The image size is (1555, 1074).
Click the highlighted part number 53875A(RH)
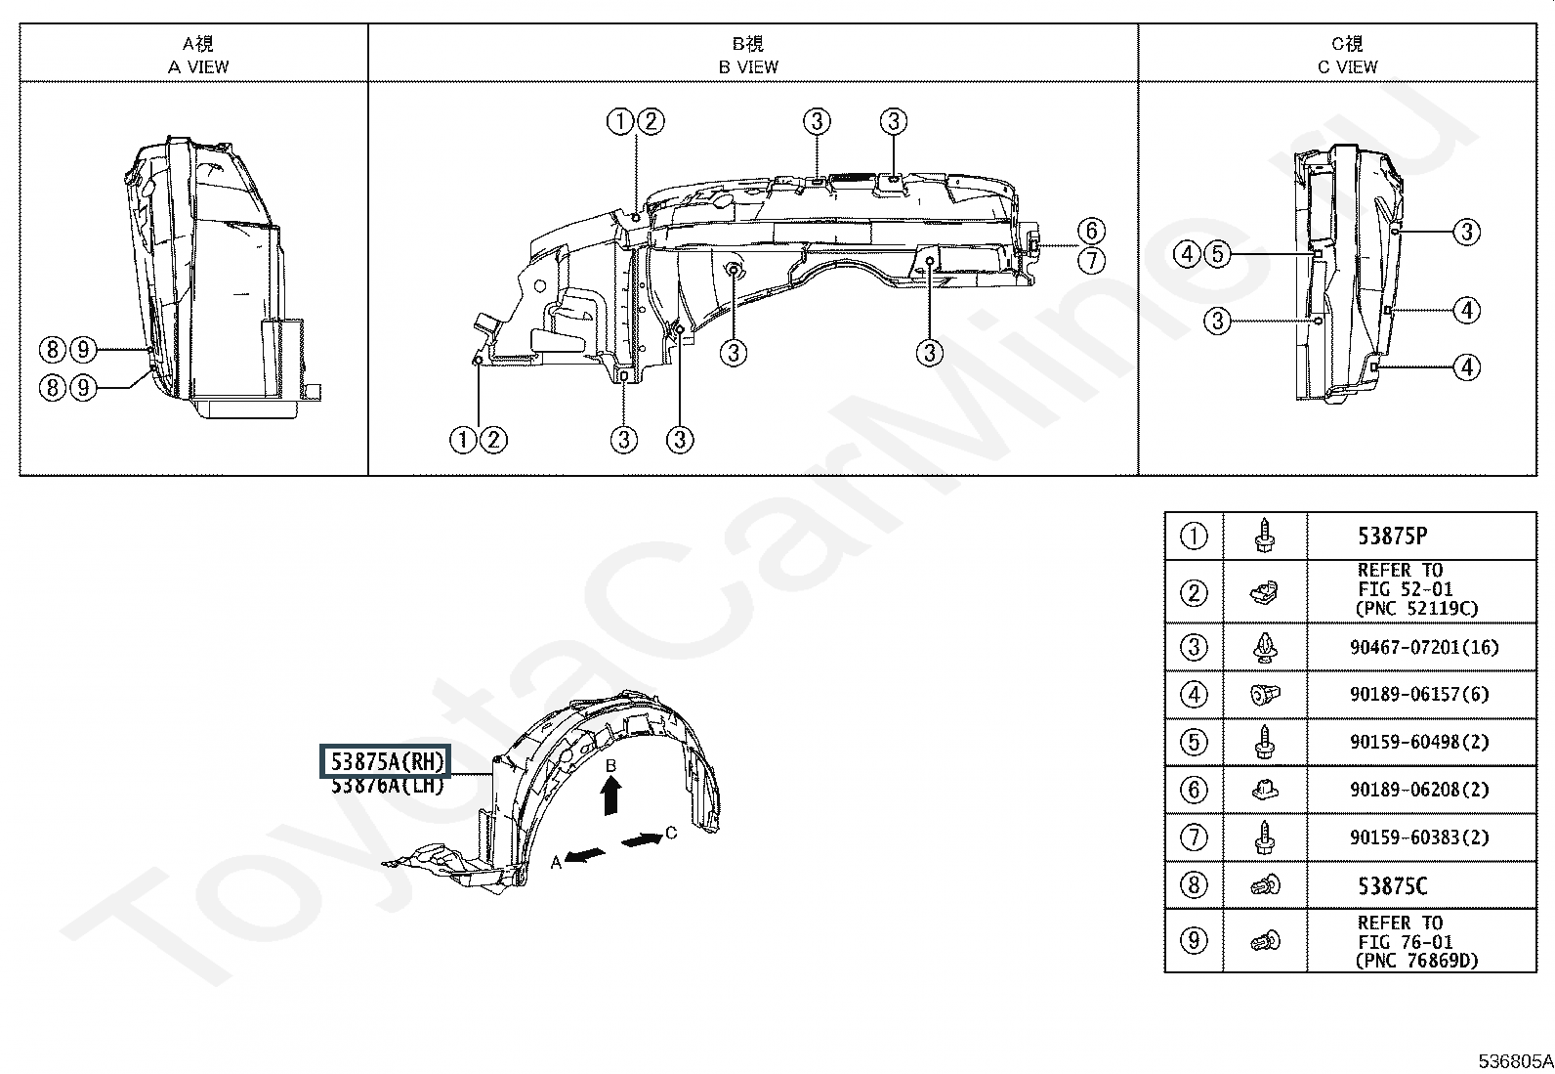click(385, 761)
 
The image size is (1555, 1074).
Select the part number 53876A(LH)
click(387, 786)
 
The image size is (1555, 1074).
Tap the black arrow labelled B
click(610, 795)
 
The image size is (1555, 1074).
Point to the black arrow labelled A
click(584, 856)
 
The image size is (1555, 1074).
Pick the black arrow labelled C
click(642, 839)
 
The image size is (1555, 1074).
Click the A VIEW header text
click(198, 66)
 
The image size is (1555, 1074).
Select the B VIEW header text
click(748, 66)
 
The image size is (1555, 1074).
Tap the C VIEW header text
click(1347, 66)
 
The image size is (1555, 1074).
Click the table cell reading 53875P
click(1393, 537)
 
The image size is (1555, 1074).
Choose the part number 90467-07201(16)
click(1424, 648)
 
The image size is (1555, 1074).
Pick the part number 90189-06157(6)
click(1419, 694)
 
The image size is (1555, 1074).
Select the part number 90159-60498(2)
click(1419, 742)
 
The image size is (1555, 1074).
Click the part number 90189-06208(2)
click(1419, 790)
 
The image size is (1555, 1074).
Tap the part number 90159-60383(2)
click(1419, 838)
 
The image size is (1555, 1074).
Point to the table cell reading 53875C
click(1393, 885)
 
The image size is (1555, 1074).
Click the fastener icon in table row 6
click(1265, 790)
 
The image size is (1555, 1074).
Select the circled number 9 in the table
click(1194, 941)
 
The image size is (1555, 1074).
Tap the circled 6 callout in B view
click(1091, 231)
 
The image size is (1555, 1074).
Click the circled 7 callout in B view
click(1091, 261)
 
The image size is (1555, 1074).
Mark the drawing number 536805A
click(1515, 1060)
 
